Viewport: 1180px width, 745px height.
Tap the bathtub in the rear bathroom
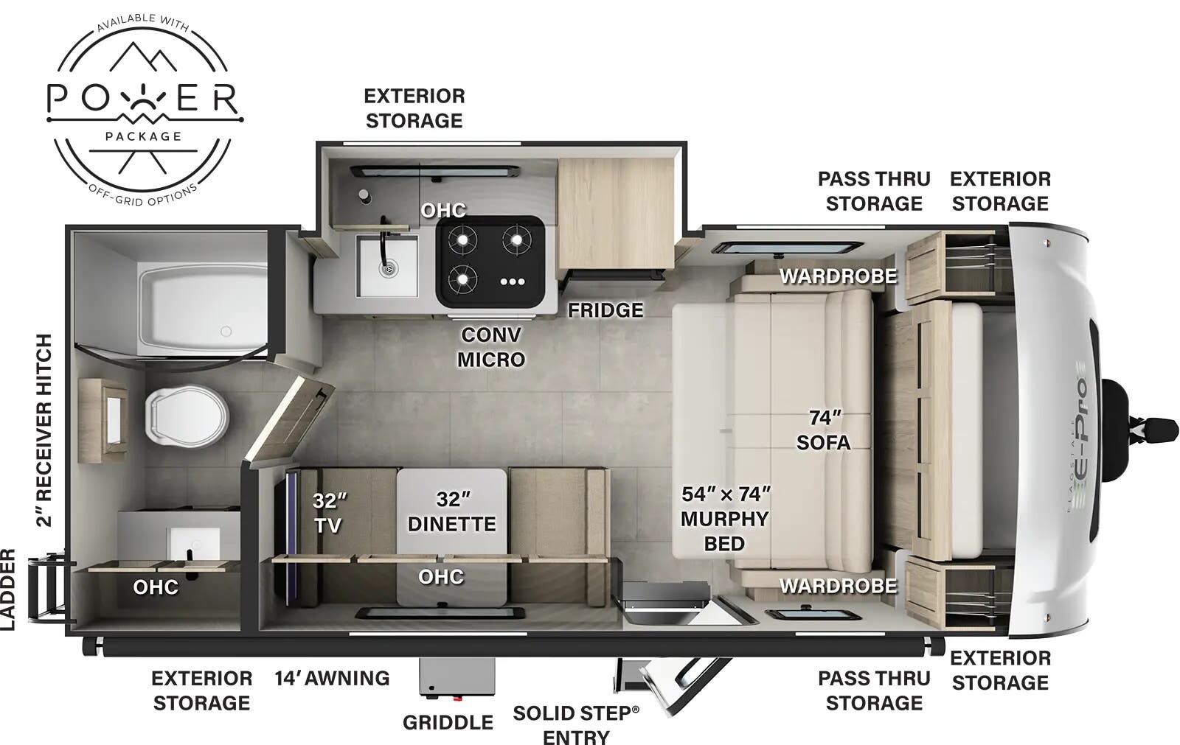pos(202,309)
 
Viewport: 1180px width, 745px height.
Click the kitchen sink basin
pos(387,266)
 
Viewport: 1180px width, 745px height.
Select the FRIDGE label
pos(605,310)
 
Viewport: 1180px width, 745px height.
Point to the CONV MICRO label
pos(491,347)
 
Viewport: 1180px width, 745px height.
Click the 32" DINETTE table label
pos(452,511)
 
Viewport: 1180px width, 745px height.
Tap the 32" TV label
pos(329,512)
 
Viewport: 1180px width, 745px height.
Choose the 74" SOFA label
pos(824,430)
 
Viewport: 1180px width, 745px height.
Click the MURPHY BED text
pos(725,531)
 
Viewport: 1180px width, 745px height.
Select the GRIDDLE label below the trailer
pos(448,722)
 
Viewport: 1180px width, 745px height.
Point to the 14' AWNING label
pos(333,678)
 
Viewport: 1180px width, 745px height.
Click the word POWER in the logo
pos(143,99)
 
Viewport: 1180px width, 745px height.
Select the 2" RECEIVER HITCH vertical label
pos(44,430)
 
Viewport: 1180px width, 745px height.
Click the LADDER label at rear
pos(7,590)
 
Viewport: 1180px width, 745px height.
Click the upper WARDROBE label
pos(838,276)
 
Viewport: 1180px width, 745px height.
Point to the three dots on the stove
pos(513,281)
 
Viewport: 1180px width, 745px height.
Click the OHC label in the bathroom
pos(156,587)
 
